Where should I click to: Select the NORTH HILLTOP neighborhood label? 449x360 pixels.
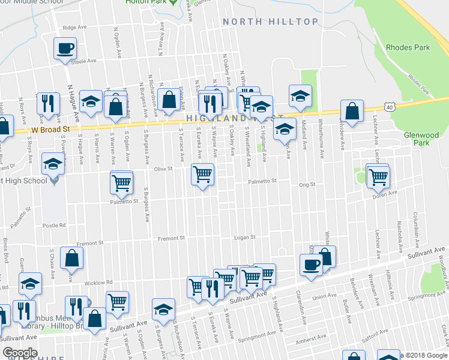(x=270, y=22)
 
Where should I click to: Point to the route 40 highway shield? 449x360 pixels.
(x=390, y=107)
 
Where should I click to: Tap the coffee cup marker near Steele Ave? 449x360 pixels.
(x=65, y=49)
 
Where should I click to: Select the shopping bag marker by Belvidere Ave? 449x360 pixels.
(x=352, y=111)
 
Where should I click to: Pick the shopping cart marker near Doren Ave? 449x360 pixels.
(x=378, y=176)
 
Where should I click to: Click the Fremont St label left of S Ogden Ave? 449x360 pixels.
(x=91, y=243)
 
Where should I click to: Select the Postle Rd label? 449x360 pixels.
(x=54, y=226)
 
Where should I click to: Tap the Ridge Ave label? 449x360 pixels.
(x=74, y=28)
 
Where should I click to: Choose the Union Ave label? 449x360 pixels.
(x=325, y=295)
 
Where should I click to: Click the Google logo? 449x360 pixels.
(x=20, y=353)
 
